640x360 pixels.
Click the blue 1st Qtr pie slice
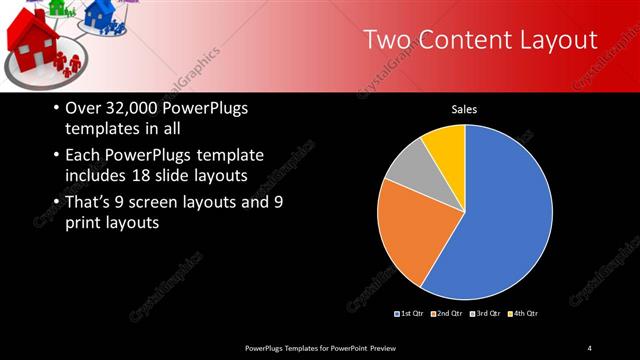pos(505,215)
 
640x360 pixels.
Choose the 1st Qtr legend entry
pos(411,314)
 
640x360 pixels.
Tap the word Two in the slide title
pos(385,39)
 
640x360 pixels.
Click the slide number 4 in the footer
pos(590,347)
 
